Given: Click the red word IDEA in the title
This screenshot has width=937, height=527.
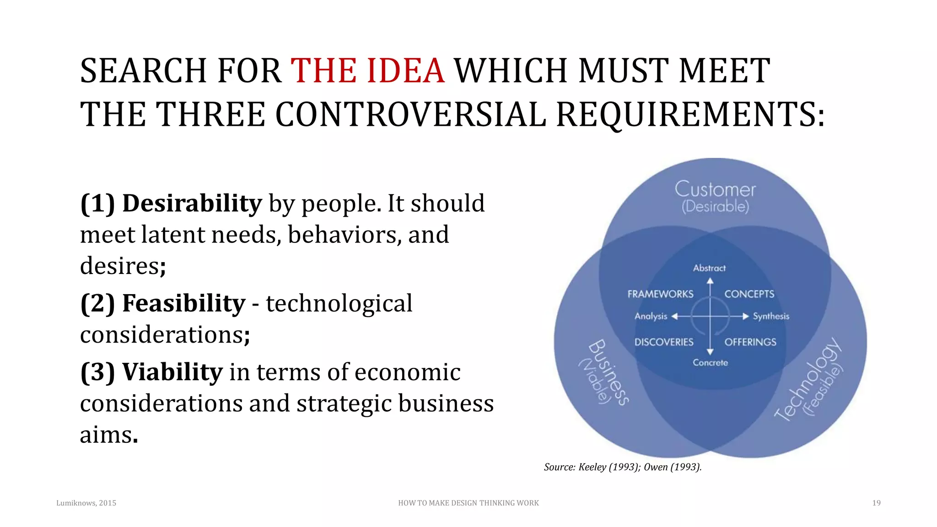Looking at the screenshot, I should click(405, 71).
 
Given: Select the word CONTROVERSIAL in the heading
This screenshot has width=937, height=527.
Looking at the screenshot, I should click(410, 114).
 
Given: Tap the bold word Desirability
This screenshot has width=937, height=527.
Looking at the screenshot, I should click(192, 204).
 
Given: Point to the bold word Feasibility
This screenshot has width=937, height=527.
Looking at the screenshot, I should click(184, 304).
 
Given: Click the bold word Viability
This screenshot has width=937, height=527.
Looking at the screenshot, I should click(172, 372).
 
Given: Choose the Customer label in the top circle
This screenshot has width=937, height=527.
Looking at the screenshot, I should click(715, 189).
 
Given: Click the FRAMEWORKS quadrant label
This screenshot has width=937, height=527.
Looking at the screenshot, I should click(660, 294).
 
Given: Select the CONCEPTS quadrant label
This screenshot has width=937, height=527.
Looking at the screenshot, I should click(749, 294).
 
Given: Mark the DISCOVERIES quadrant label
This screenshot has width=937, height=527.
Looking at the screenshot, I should click(664, 342).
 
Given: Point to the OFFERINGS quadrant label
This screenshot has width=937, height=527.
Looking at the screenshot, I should click(750, 342).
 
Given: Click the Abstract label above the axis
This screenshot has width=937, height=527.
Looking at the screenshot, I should click(709, 268).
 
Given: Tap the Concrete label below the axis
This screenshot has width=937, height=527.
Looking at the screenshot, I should click(710, 363).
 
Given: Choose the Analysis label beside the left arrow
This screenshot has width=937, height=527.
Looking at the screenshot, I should click(651, 317).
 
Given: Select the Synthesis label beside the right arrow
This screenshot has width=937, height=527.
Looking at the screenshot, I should click(771, 317).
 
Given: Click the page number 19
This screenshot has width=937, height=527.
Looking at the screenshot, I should click(876, 503).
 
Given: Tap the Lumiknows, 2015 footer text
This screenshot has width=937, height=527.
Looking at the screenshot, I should click(86, 503).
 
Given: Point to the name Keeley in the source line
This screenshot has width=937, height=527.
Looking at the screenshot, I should click(592, 467).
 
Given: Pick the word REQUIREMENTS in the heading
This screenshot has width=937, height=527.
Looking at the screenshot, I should click(690, 114).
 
